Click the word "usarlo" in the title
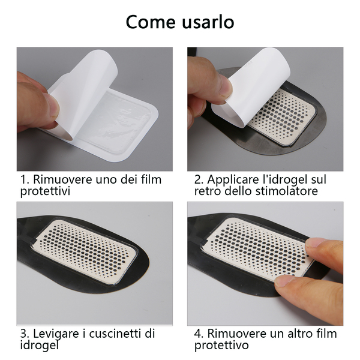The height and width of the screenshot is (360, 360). coord(208,22)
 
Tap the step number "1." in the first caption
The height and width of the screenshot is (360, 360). coord(25,179)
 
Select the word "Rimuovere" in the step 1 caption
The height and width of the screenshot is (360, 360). coord(62,179)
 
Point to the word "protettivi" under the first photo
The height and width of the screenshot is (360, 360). coord(45,191)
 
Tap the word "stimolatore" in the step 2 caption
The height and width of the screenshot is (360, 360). coord(287,191)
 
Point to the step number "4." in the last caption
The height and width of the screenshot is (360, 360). coord(199,334)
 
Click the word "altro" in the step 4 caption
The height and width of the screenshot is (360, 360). coord(298,334)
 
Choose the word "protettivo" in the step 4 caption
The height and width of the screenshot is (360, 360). coord(221,346)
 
